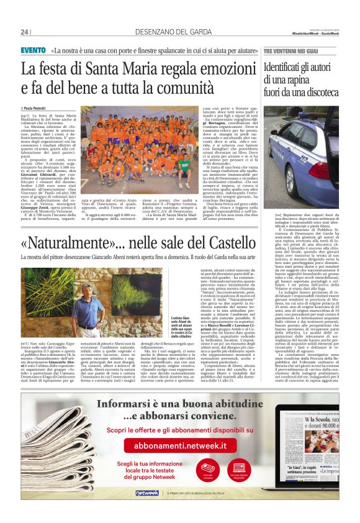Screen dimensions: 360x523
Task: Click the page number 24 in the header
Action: click(25, 32)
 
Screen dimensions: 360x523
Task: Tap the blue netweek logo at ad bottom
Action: click(147, 493)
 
